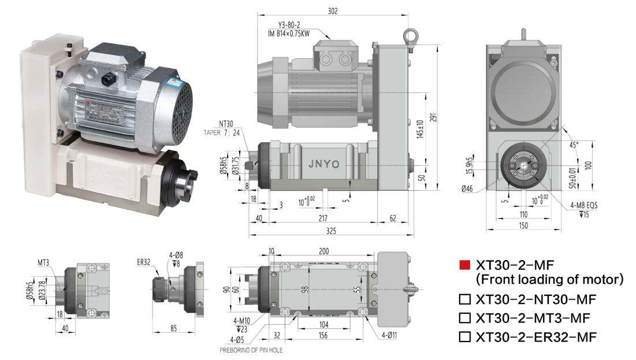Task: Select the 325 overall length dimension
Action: pyautogui.click(x=332, y=231)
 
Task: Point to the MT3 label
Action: pyautogui.click(x=44, y=262)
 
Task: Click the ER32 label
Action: pyautogui.click(x=144, y=262)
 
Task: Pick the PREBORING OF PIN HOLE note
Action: pyautogui.click(x=251, y=350)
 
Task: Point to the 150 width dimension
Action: pyautogui.click(x=523, y=225)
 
